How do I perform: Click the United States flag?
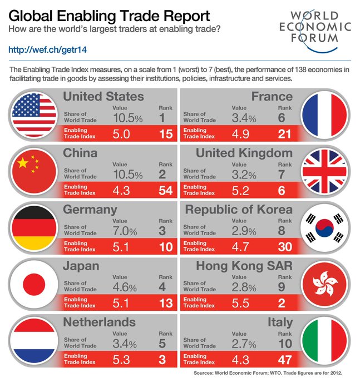[34, 116]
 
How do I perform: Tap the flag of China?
[34, 172]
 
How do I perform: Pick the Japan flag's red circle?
[34, 284]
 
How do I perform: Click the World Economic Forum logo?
[315, 27]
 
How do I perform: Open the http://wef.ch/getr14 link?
[47, 49]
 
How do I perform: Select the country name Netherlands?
[100, 322]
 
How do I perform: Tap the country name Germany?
[90, 210]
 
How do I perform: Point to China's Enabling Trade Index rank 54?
[165, 191]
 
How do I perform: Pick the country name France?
[272, 97]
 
